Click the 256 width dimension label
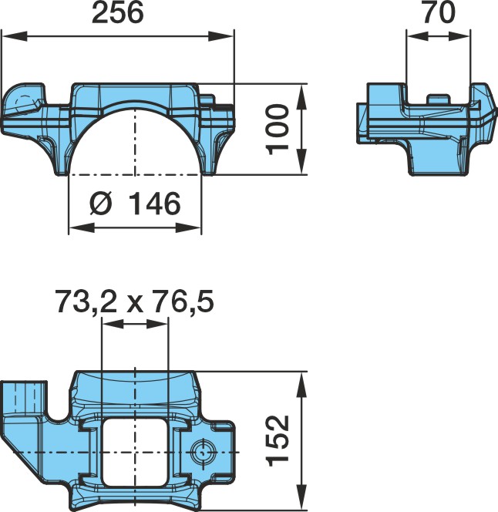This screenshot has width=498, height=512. click(x=117, y=13)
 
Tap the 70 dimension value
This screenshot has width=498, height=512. click(x=439, y=12)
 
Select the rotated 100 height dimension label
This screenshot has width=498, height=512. click(x=278, y=130)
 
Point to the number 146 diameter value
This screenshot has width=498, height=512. click(x=154, y=204)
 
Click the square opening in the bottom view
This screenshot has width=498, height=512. click(x=135, y=452)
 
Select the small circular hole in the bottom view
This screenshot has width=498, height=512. click(x=203, y=452)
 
